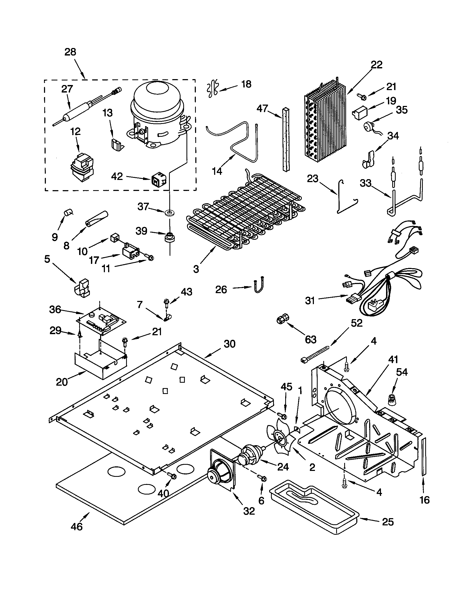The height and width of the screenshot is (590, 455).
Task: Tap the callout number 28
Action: point(70,52)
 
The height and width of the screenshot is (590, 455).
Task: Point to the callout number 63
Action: point(310,339)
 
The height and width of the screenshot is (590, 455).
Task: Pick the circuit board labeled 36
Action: point(101,321)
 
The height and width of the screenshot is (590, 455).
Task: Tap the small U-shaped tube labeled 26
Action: point(259,284)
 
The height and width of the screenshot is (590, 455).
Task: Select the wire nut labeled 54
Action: point(391,399)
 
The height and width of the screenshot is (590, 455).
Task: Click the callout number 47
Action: point(262,109)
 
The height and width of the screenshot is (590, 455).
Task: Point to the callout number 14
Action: point(217,171)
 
